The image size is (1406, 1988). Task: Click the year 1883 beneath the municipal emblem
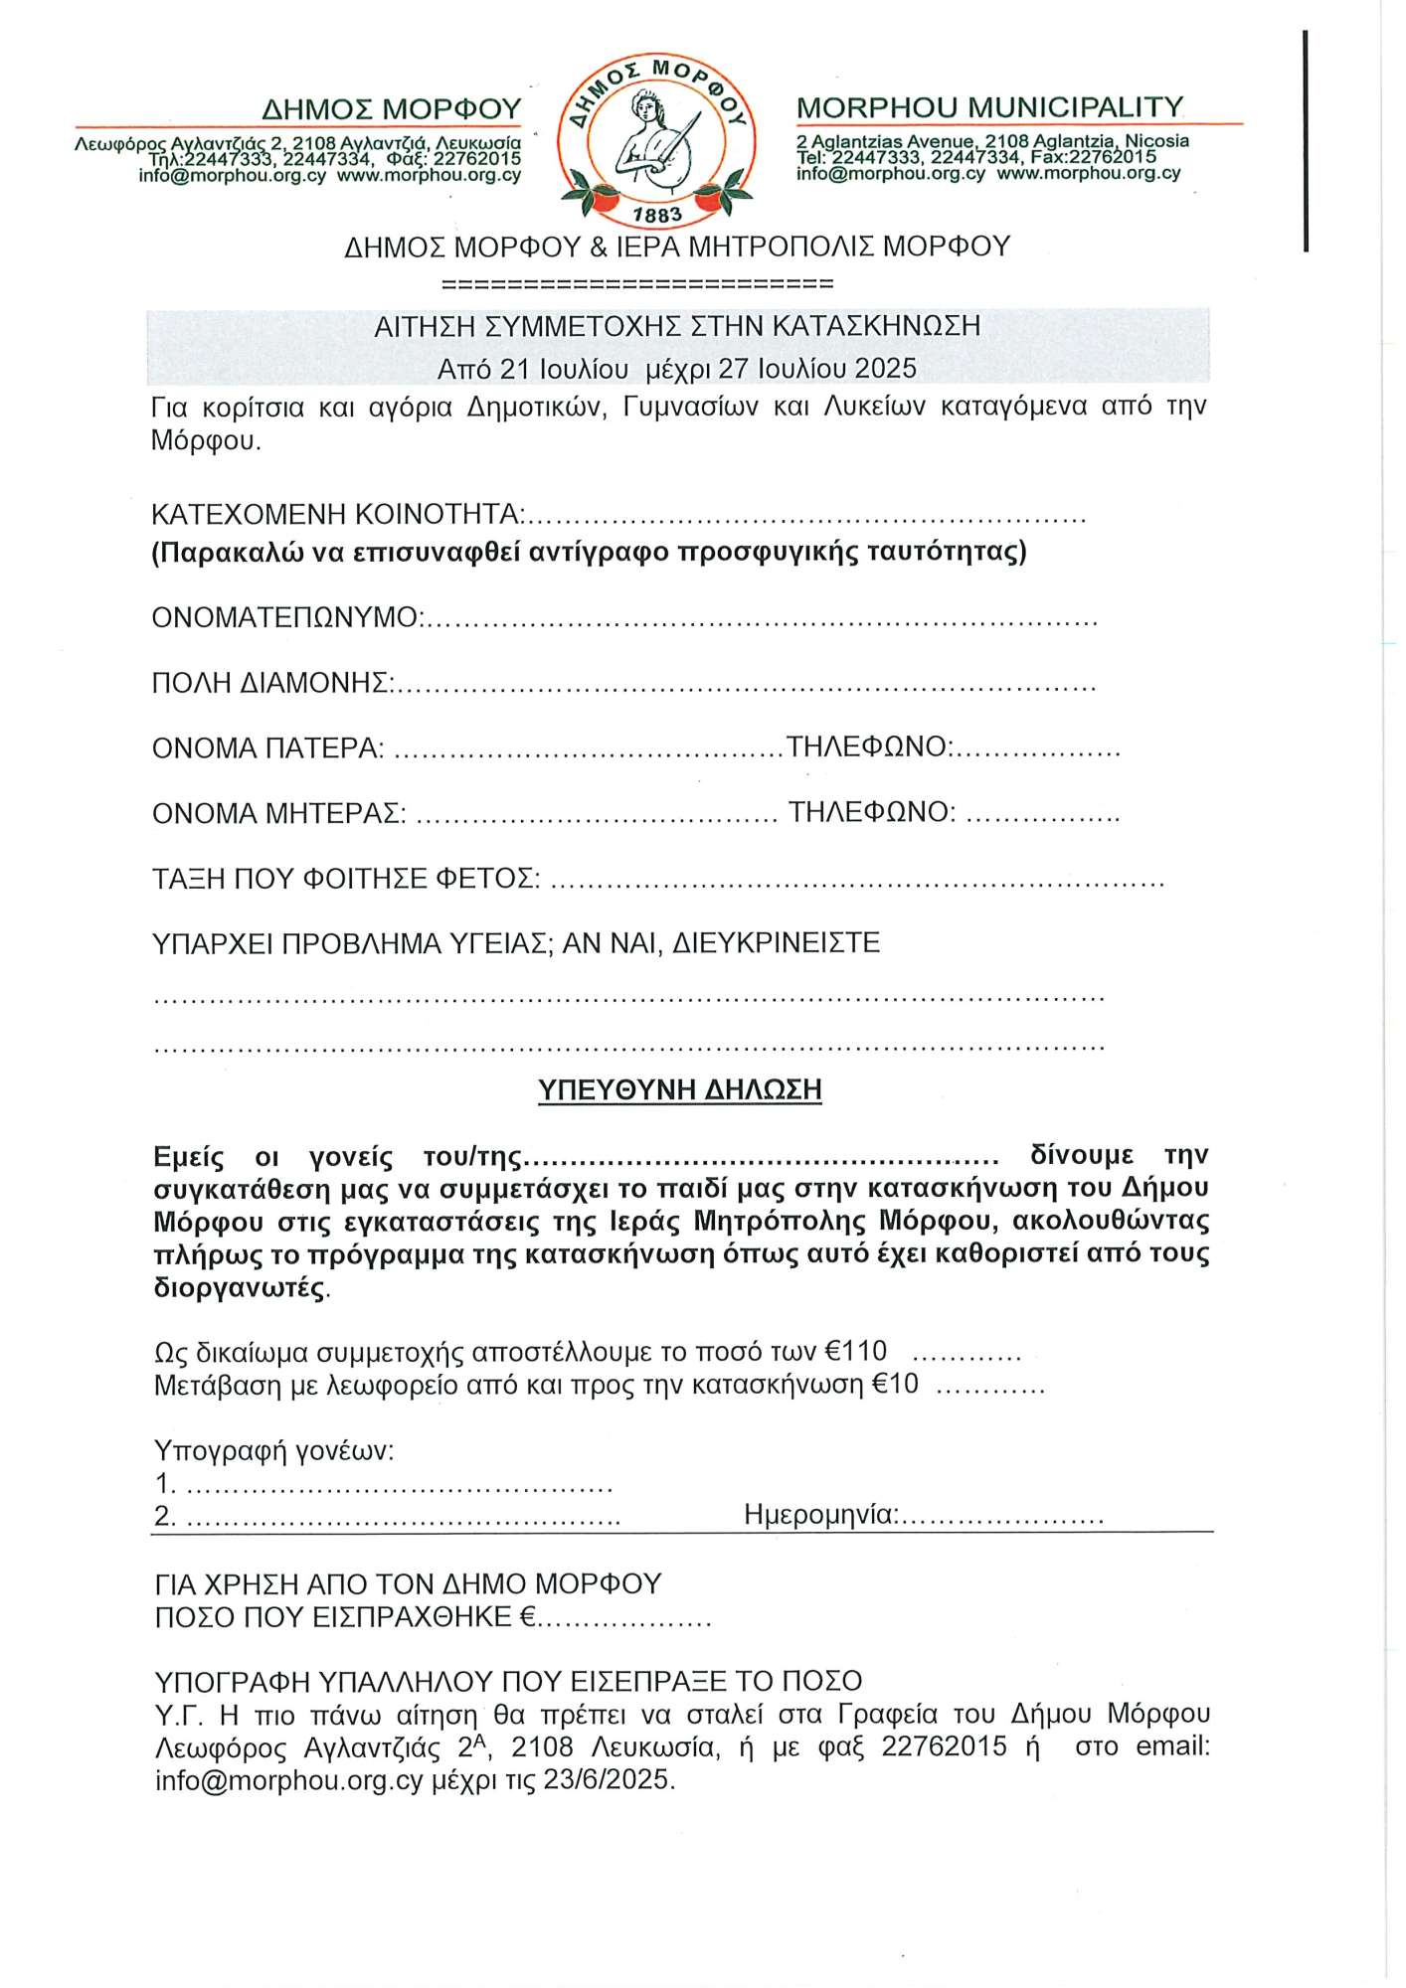[657, 215]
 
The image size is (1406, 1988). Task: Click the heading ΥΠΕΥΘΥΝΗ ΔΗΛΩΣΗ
[679, 1090]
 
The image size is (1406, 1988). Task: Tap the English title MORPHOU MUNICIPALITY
[989, 107]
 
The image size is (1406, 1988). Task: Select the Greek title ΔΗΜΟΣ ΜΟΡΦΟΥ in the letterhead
[391, 108]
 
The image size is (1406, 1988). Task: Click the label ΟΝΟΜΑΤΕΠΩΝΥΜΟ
[285, 618]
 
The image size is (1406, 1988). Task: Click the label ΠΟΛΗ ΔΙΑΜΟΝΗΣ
[270, 683]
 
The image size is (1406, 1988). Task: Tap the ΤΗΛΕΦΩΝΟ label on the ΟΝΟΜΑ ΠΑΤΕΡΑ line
[867, 746]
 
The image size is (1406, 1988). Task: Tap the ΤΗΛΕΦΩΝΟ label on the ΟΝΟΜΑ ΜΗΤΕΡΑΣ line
[870, 812]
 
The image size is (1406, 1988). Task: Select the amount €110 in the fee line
[856, 1352]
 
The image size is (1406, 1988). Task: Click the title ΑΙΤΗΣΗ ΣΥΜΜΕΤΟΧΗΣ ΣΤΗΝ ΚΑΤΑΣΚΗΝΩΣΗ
[677, 326]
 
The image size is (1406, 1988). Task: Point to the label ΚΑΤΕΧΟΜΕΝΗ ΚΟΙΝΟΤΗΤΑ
[336, 515]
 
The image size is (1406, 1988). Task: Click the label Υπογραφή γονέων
[273, 1451]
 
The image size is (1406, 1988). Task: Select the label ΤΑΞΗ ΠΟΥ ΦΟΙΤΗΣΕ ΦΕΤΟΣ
[344, 879]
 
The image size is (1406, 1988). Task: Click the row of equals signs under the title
[636, 284]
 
